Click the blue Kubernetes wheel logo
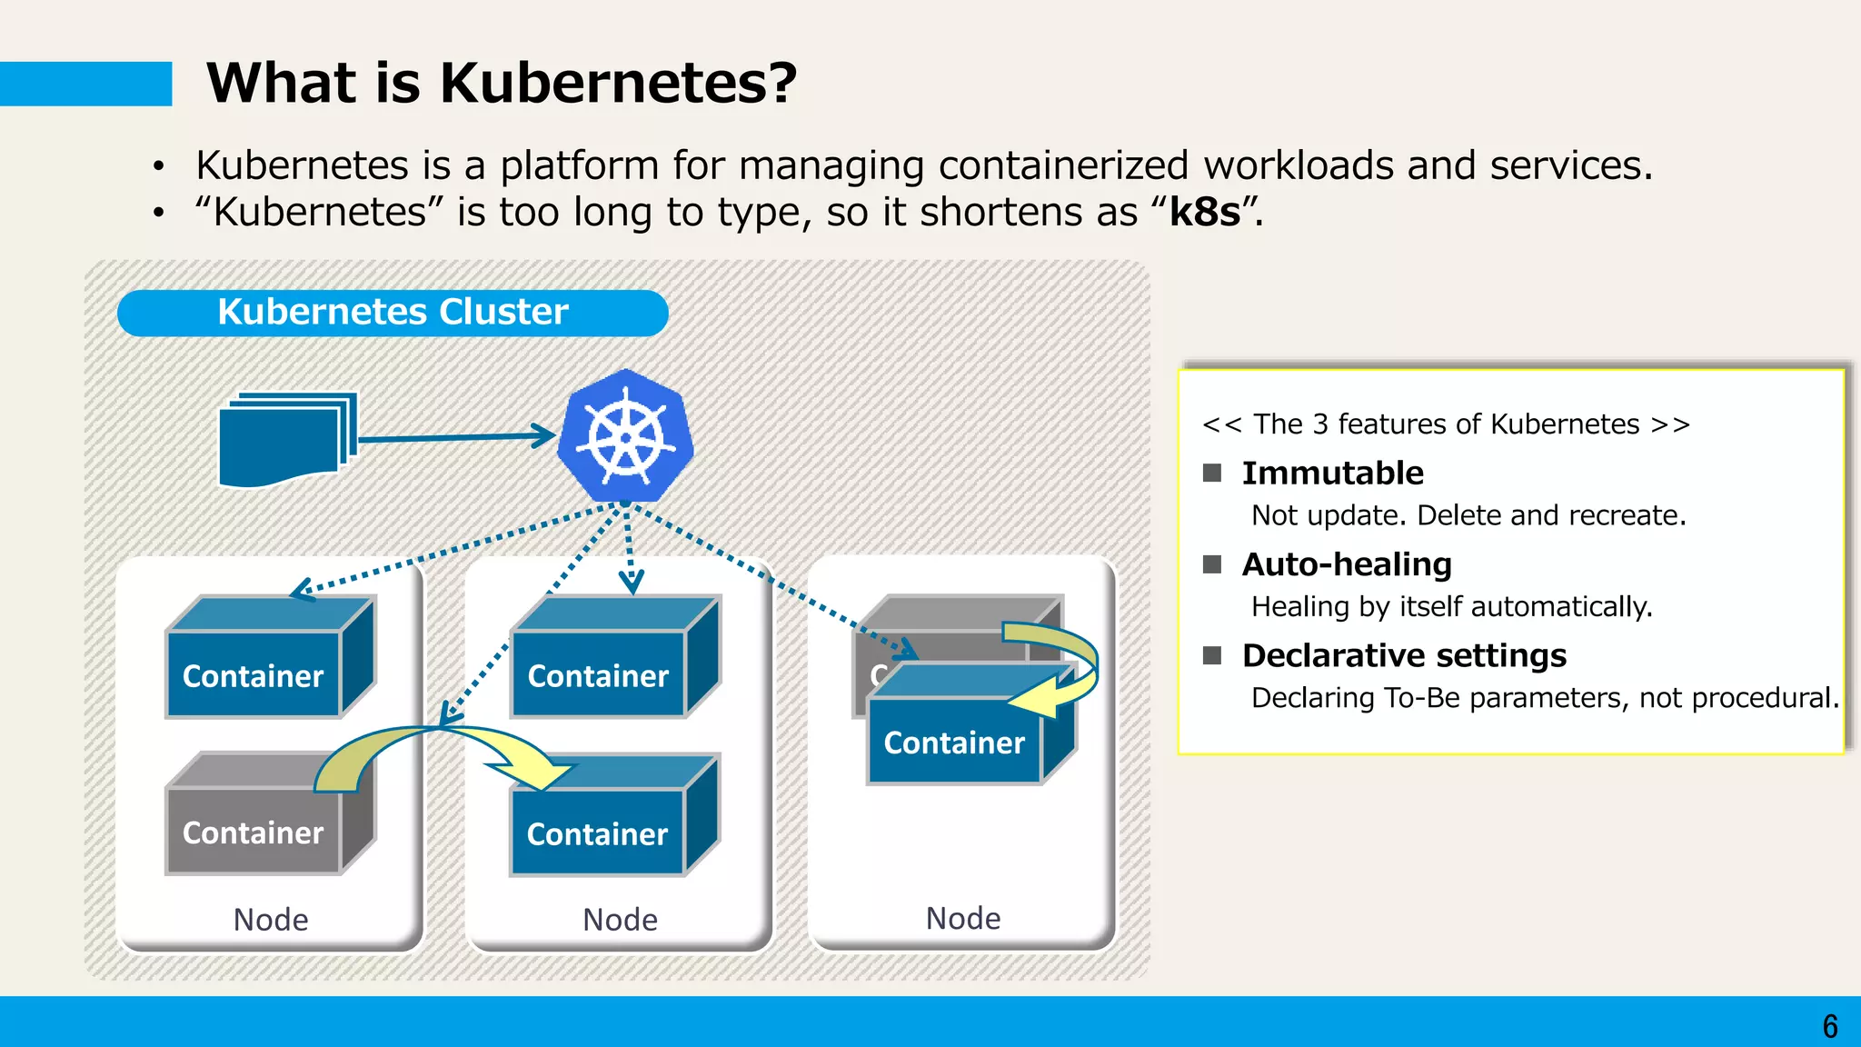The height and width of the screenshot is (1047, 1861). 625,437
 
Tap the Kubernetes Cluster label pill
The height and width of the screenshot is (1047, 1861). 393,313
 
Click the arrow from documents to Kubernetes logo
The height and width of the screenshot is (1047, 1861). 454,437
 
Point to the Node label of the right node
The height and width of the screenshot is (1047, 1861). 963,918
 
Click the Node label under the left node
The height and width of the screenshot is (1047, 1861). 271,919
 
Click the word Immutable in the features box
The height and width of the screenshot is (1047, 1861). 1332,474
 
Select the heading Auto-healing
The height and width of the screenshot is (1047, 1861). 1347,564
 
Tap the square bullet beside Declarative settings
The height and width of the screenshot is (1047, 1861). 1212,655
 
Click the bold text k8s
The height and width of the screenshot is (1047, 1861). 1205,212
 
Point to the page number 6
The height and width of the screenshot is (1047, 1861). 1830,1026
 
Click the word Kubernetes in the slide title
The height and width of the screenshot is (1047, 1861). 618,83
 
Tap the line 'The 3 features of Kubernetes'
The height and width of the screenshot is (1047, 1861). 1446,424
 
